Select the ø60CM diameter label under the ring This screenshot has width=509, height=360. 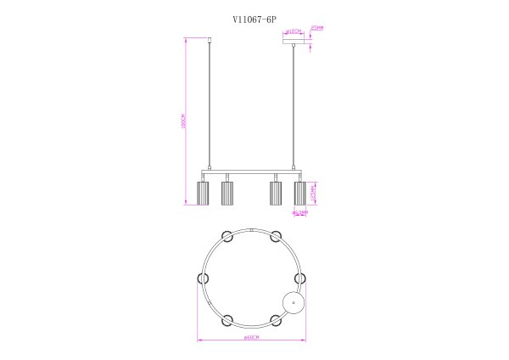(x=250, y=338)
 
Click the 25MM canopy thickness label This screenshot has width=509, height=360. (x=318, y=27)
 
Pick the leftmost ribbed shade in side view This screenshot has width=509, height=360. (x=203, y=193)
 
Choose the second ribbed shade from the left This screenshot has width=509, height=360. (x=227, y=193)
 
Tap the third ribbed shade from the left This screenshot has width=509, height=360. (x=275, y=193)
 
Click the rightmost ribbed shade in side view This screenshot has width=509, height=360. (x=299, y=193)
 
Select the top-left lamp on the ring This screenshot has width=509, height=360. (x=227, y=235)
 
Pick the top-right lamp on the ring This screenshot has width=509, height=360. (x=276, y=235)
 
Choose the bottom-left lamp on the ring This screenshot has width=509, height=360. (x=227, y=320)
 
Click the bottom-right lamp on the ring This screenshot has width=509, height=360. (x=276, y=320)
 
